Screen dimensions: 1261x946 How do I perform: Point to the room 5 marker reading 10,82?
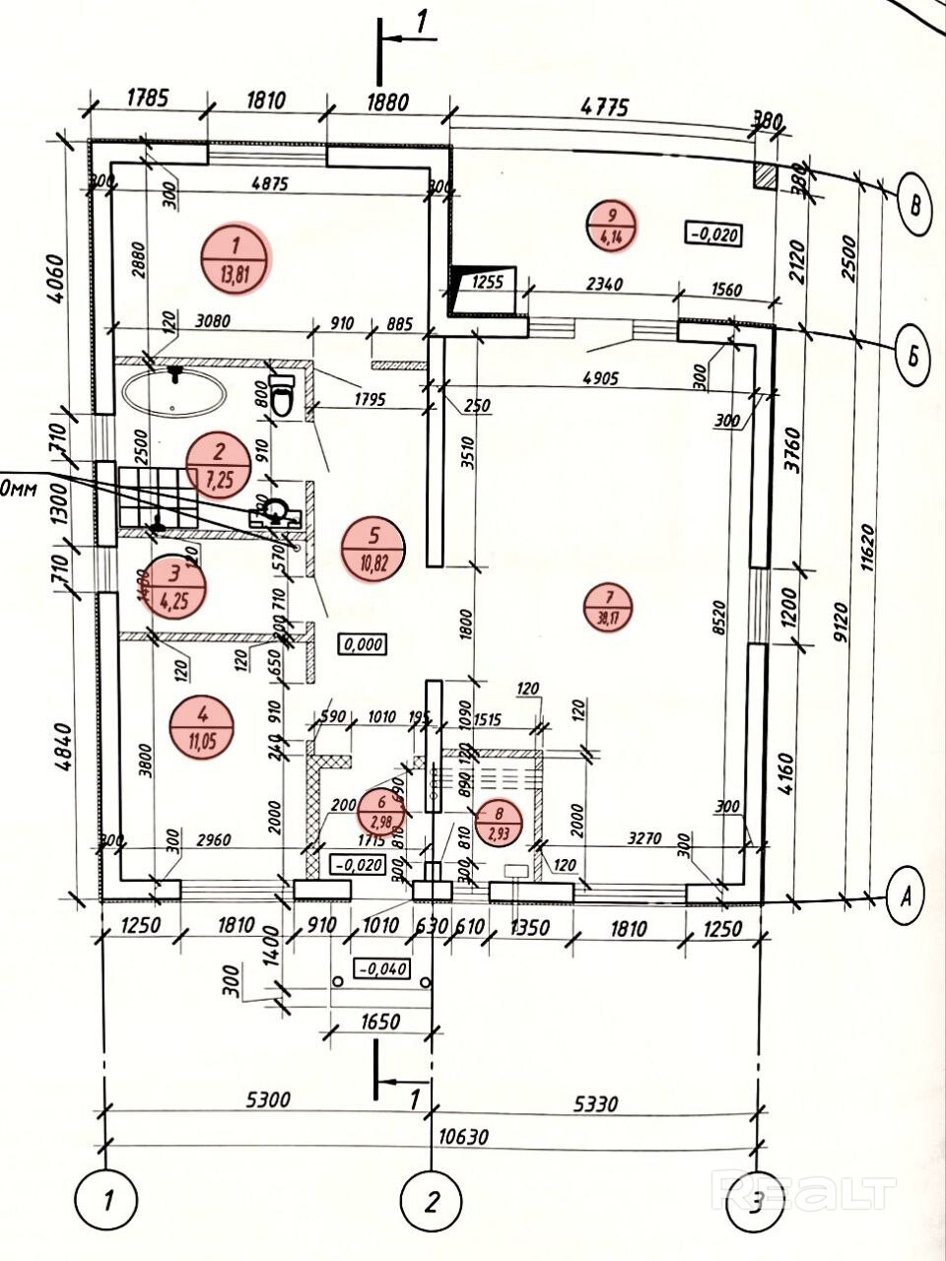coord(373,550)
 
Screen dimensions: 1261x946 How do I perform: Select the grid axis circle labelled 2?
coord(432,1202)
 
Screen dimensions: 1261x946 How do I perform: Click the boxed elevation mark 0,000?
coord(362,644)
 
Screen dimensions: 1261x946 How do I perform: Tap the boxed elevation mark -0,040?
coord(381,968)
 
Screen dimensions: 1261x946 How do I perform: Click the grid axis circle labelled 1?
coord(105,1202)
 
